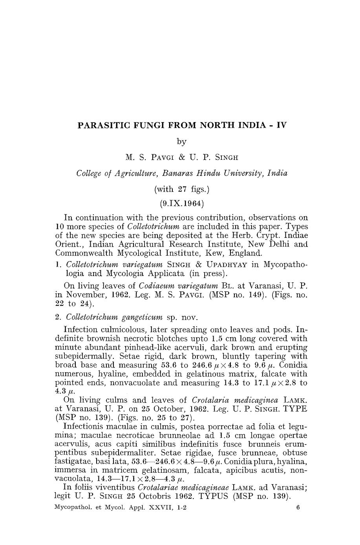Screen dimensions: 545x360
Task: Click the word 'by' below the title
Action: click(x=181, y=141)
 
